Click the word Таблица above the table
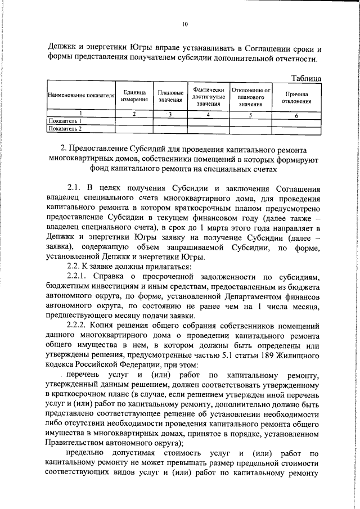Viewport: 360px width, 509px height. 305,78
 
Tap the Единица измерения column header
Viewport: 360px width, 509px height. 134,96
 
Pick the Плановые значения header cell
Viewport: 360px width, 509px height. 170,96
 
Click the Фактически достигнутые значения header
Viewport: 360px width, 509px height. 208,96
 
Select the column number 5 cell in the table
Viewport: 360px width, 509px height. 251,115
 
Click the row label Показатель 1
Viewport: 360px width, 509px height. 66,121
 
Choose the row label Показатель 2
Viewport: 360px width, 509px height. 66,129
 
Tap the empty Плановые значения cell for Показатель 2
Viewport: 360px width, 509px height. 170,129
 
